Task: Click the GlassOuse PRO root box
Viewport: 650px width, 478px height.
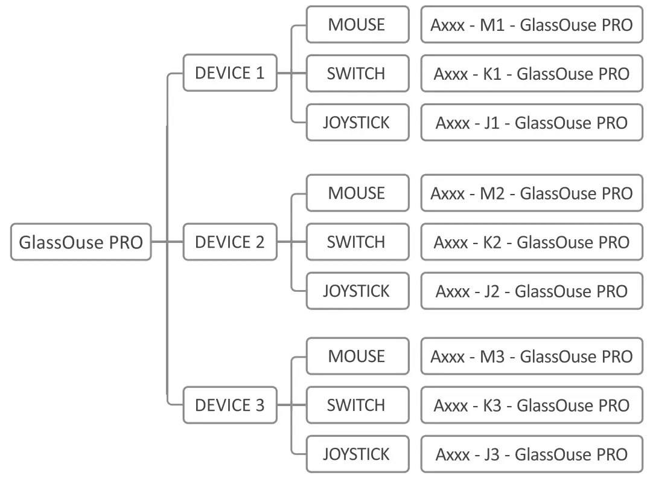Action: tap(81, 242)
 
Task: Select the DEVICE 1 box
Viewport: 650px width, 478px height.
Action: tap(230, 73)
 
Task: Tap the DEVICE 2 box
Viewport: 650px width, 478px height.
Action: tap(230, 242)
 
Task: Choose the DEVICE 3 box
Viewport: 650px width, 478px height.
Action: tap(230, 405)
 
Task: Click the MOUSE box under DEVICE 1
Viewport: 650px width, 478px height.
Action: tap(357, 25)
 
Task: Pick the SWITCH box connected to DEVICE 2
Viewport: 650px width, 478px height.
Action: tap(357, 242)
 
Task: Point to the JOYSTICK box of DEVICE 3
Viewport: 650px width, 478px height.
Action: tap(357, 454)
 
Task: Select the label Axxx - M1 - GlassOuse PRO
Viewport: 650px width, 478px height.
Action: tap(531, 25)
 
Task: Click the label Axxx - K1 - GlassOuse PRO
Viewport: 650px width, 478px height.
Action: tap(531, 74)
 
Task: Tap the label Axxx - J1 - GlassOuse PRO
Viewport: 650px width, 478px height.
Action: tap(531, 123)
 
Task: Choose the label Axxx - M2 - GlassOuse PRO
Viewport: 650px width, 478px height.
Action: tap(531, 193)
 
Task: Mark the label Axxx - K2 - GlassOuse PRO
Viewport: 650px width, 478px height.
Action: tap(531, 242)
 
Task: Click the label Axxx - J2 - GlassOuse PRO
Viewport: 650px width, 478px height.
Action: tap(531, 291)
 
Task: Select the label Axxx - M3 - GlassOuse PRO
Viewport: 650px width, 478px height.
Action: tap(531, 357)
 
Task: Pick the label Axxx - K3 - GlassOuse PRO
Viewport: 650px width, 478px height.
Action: tap(531, 405)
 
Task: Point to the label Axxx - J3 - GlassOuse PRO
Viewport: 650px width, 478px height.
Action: tap(531, 454)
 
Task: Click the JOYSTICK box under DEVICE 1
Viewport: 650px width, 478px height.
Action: tap(357, 123)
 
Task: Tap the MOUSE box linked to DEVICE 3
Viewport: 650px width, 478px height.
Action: tap(357, 357)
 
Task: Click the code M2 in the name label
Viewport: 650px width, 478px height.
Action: tap(491, 193)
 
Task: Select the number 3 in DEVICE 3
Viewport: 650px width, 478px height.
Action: tap(259, 405)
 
